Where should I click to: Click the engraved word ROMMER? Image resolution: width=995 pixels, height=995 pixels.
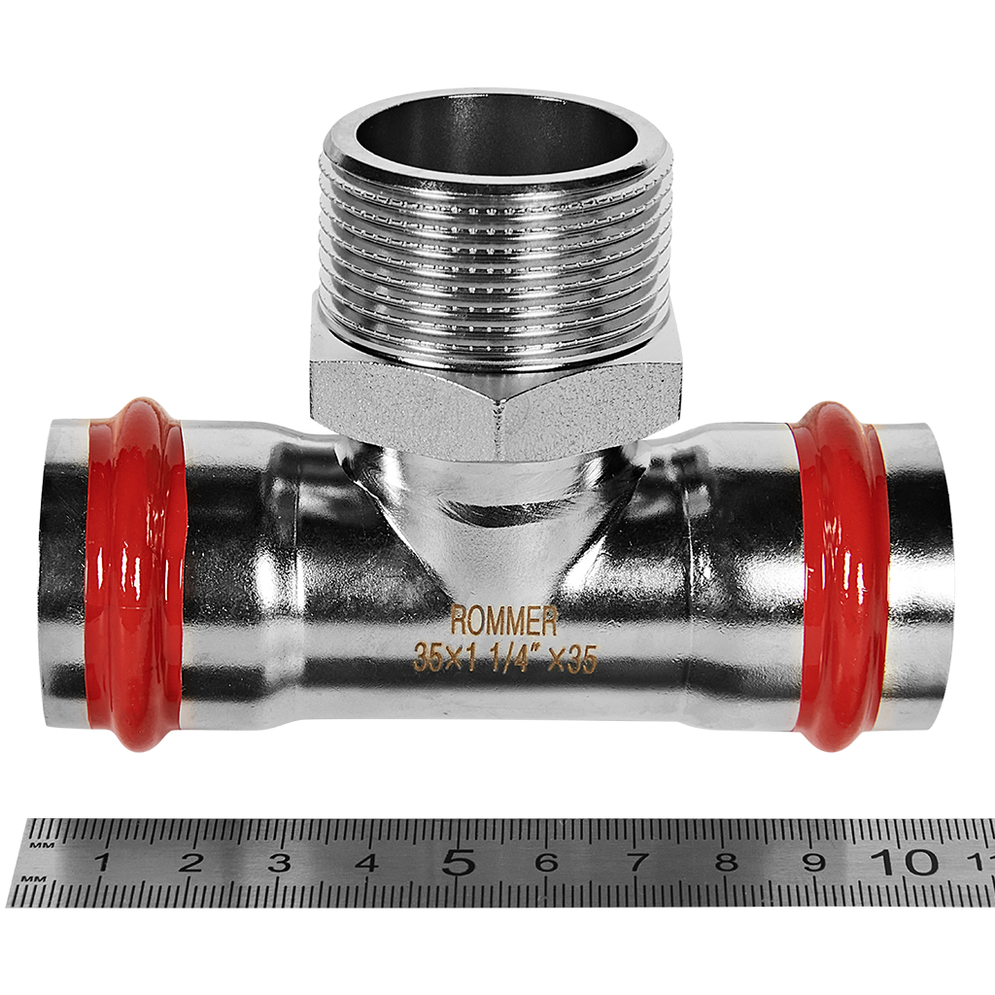click(504, 621)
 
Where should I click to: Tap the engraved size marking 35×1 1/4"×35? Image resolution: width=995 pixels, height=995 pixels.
click(505, 658)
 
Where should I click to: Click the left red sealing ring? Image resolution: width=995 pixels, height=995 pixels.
click(135, 574)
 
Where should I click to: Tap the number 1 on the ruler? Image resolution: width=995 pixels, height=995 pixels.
click(101, 863)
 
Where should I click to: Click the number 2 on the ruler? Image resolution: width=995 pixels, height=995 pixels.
click(191, 863)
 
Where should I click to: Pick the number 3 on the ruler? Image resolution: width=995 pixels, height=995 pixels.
click(279, 863)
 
